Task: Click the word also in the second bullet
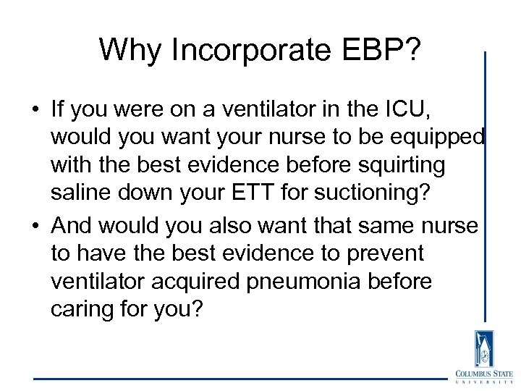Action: coord(257,226)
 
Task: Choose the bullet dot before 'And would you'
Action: coord(35,227)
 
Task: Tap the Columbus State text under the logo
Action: coord(483,374)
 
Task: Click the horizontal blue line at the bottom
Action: coord(239,379)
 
